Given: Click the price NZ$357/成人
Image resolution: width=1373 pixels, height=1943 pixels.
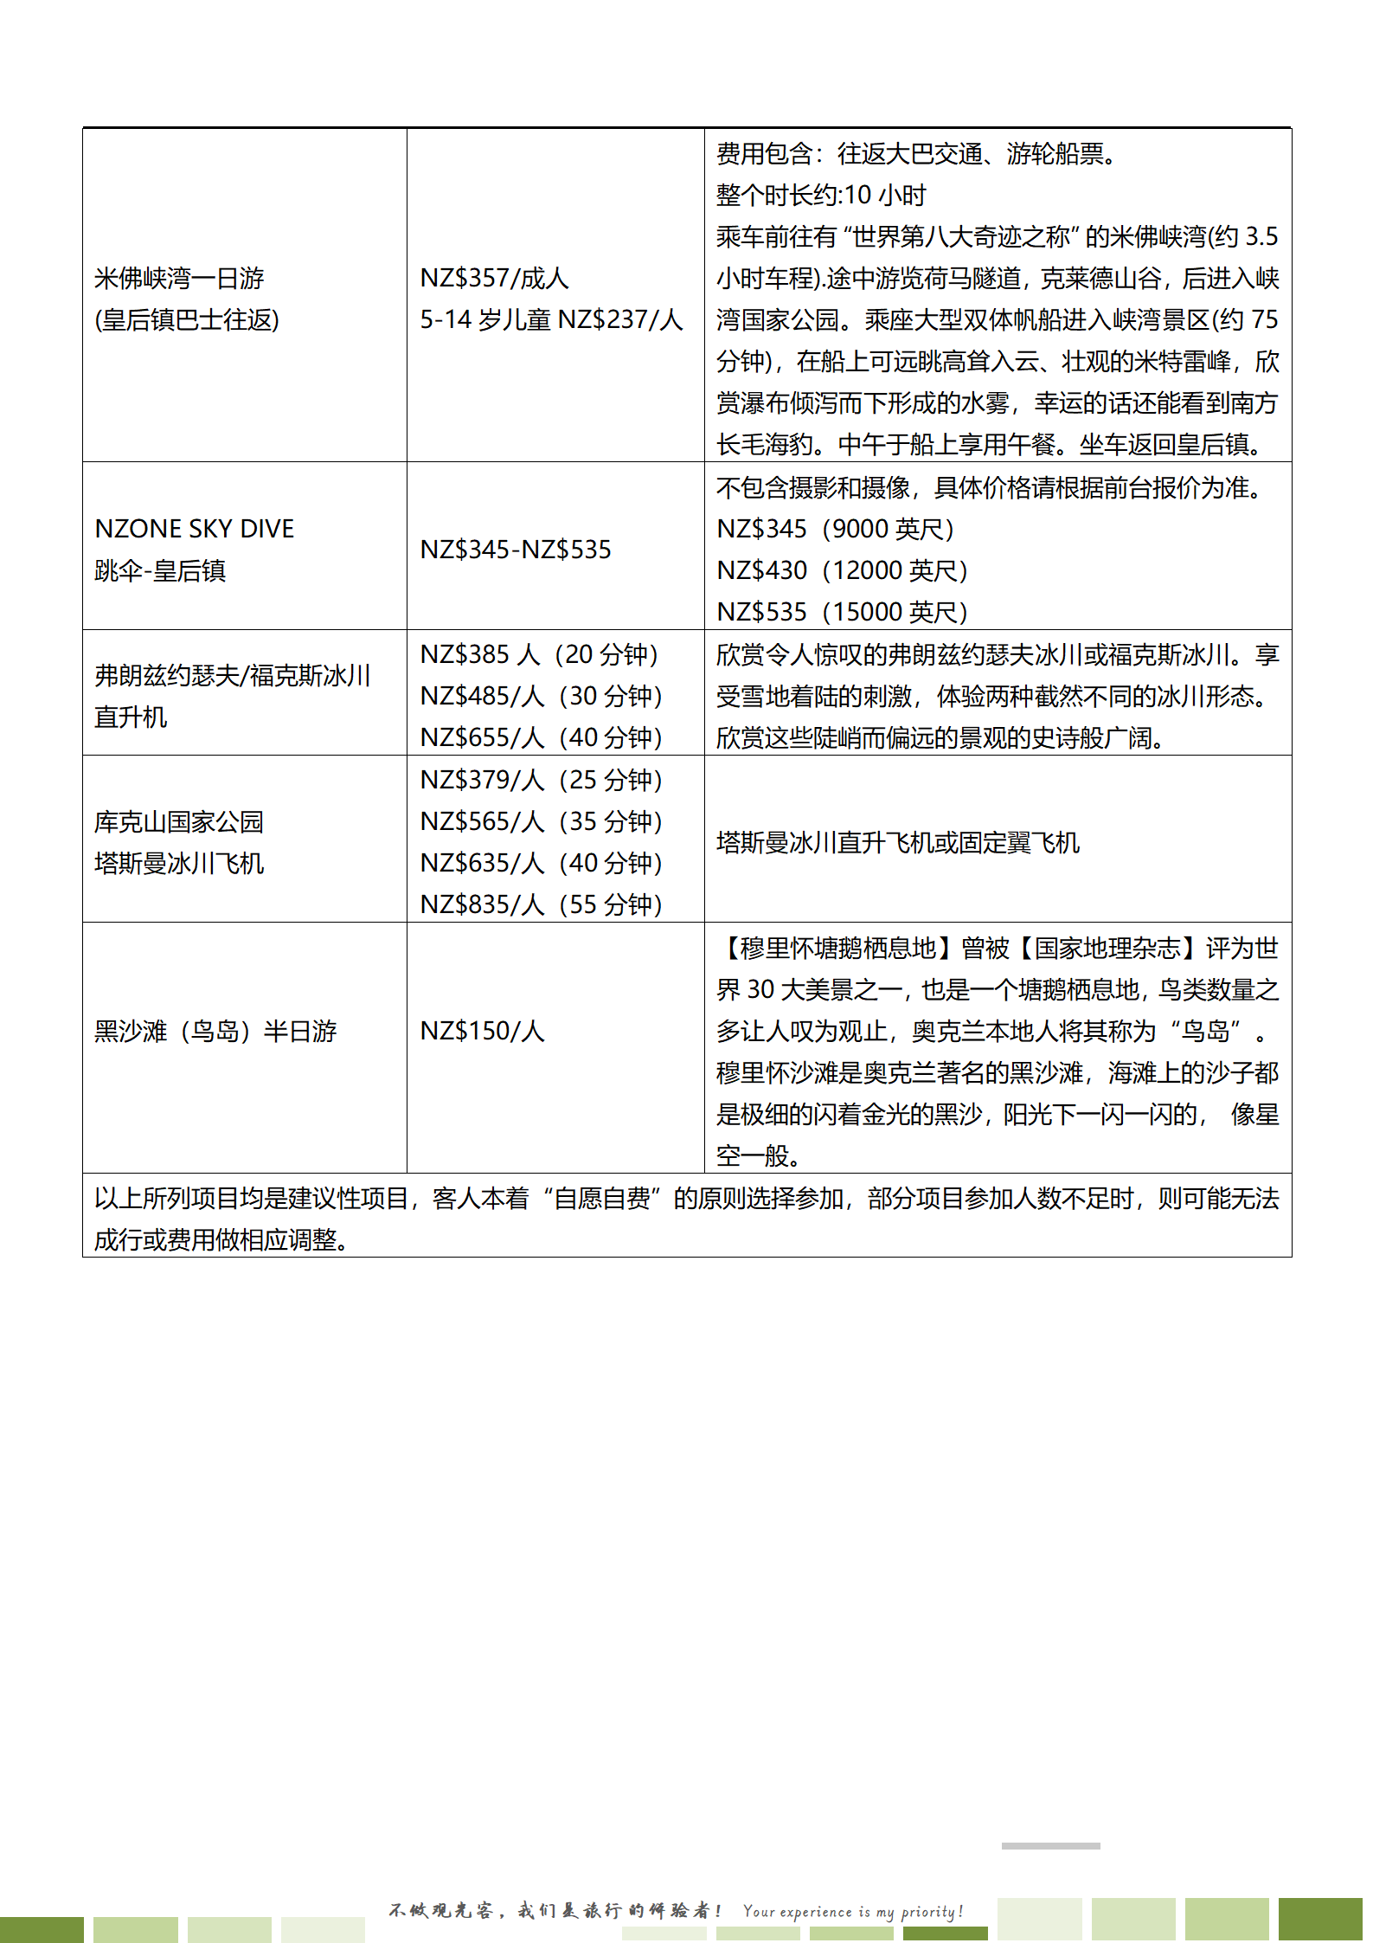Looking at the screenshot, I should pyautogui.click(x=494, y=279).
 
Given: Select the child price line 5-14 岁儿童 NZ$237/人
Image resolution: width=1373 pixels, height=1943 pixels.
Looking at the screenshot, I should pyautogui.click(x=551, y=320).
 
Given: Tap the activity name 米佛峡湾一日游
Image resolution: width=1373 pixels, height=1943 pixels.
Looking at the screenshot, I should pyautogui.click(x=179, y=279).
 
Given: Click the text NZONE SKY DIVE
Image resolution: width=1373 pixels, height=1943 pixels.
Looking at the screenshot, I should pyautogui.click(x=195, y=529).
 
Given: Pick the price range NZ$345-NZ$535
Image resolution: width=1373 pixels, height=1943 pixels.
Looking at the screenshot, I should pyautogui.click(x=516, y=550).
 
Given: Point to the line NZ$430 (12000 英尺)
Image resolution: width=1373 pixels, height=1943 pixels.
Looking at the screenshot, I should pyautogui.click(x=842, y=571).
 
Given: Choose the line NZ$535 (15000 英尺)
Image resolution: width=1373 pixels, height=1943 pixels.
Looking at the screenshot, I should pyautogui.click(x=842, y=613).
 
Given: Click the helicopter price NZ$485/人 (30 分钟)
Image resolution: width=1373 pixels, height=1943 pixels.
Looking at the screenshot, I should pyautogui.click(x=541, y=697).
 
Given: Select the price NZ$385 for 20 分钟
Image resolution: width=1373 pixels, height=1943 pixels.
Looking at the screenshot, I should pyautogui.click(x=539, y=655).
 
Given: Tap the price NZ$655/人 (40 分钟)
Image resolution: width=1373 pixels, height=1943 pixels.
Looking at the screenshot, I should pyautogui.click(x=541, y=738).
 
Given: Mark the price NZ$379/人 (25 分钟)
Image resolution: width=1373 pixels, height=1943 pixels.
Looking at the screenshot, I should pyautogui.click(x=541, y=781).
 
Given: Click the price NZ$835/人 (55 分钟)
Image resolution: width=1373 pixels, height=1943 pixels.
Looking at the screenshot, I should pyautogui.click(x=541, y=905).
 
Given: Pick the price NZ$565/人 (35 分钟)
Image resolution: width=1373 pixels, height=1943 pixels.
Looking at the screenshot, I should pyautogui.click(x=541, y=822).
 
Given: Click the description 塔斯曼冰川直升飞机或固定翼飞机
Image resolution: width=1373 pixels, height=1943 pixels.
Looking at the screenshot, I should pyautogui.click(x=898, y=843).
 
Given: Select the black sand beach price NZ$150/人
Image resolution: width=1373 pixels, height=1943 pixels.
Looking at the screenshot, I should pyautogui.click(x=483, y=1032).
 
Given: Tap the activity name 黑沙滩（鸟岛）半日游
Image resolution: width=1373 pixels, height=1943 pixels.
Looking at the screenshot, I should pyautogui.click(x=215, y=1032).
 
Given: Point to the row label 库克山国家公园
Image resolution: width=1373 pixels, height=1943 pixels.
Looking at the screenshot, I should pyautogui.click(x=179, y=822).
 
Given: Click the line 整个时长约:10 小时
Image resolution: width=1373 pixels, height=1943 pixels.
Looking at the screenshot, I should pyautogui.click(x=821, y=196).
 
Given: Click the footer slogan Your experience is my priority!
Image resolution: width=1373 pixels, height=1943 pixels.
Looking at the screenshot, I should pyautogui.click(x=853, y=1911).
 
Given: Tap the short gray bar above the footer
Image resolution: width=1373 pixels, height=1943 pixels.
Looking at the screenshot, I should pyautogui.click(x=1050, y=1846).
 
